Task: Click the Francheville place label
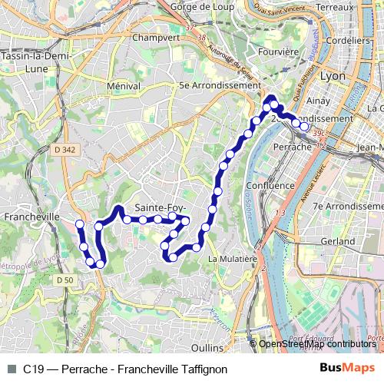coord(31,217)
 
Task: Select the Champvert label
coord(155,36)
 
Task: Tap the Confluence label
coord(270,186)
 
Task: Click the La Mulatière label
coord(232,259)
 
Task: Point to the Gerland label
coord(337,241)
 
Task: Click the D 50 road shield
coord(64,280)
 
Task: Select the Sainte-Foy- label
coord(160,208)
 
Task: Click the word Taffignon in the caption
coord(202,369)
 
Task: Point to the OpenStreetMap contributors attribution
coord(316,344)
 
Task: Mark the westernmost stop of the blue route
coord(79,224)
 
